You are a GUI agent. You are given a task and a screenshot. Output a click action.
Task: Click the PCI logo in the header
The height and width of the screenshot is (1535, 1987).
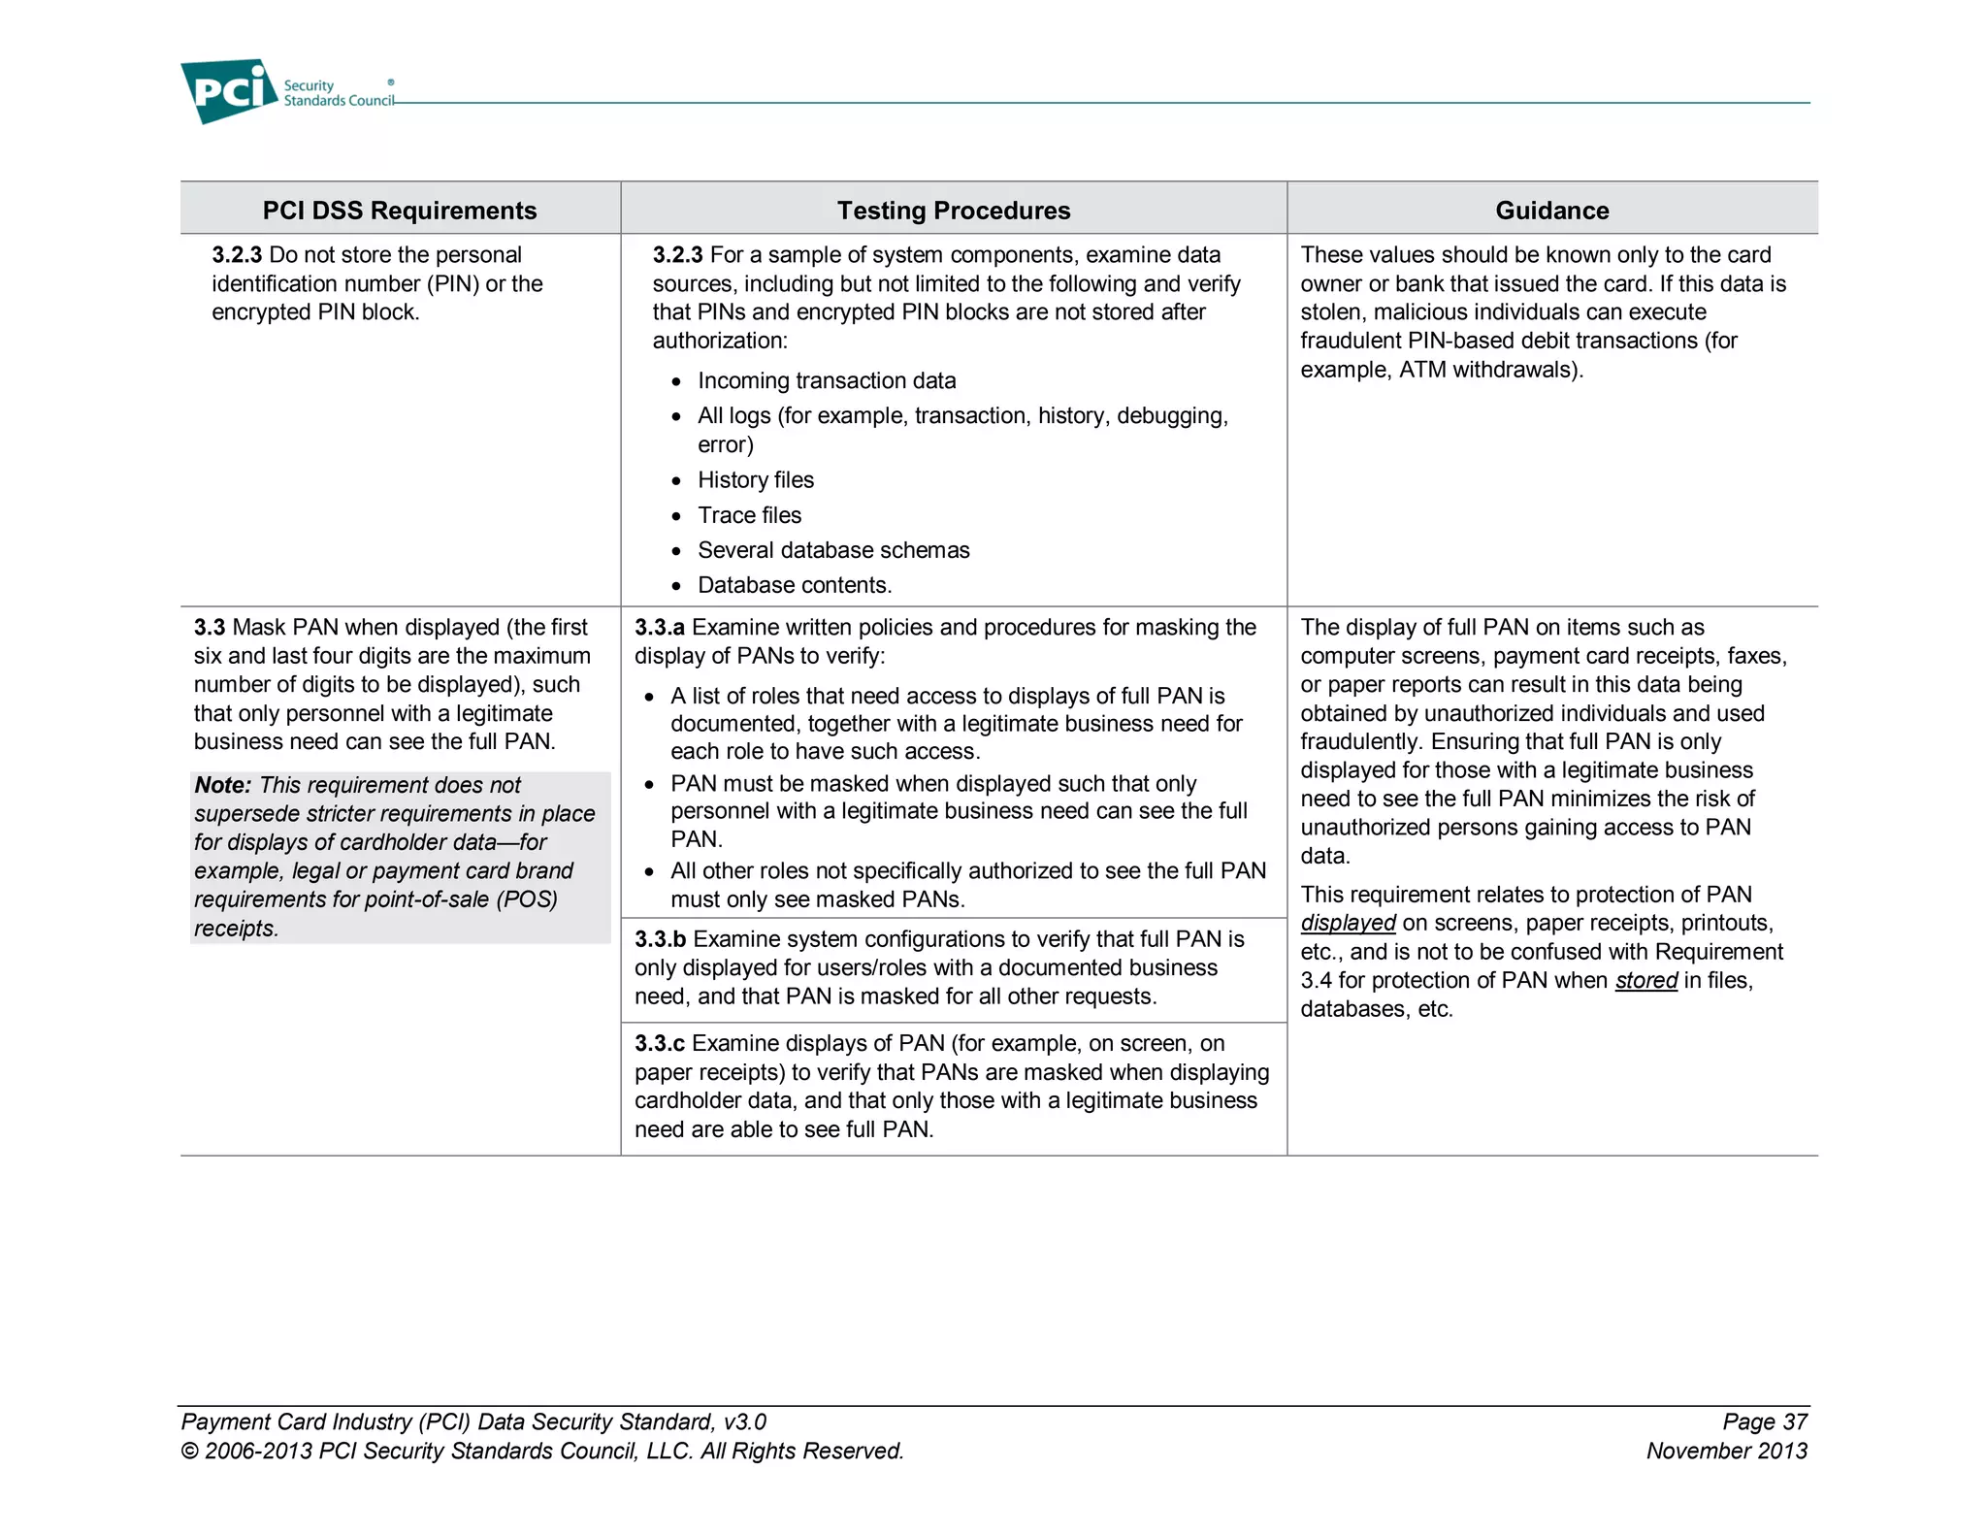[x=229, y=91]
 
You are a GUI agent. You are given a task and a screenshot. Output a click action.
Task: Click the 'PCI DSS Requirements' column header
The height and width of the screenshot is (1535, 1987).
[x=399, y=211]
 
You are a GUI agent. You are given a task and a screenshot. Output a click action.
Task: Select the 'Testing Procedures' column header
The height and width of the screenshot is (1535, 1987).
[x=953, y=211]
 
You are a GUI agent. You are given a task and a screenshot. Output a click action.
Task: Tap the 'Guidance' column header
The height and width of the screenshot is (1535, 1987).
[x=1551, y=211]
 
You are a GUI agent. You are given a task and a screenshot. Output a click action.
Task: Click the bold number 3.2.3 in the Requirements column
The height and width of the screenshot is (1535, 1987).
[x=237, y=255]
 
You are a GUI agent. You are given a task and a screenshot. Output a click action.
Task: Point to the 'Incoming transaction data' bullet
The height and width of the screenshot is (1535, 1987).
[x=826, y=381]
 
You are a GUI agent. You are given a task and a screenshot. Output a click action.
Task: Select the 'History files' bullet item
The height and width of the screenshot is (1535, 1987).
[x=755, y=480]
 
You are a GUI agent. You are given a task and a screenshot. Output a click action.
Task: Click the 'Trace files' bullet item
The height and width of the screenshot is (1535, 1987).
[x=749, y=515]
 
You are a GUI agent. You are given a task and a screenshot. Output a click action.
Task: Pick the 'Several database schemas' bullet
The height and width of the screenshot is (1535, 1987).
[x=832, y=550]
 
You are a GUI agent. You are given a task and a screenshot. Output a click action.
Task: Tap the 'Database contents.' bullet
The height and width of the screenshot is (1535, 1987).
[x=794, y=585]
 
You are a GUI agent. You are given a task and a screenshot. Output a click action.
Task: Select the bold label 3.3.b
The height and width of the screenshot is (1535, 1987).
[x=660, y=939]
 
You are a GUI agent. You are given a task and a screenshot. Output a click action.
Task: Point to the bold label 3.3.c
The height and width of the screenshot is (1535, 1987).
[x=659, y=1044]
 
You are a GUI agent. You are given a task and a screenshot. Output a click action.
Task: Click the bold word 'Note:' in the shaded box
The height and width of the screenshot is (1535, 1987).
[x=222, y=785]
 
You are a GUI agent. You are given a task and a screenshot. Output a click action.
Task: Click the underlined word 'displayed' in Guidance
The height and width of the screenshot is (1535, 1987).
[x=1348, y=924]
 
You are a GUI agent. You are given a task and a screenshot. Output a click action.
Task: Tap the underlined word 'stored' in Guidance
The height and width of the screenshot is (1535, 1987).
[x=1645, y=981]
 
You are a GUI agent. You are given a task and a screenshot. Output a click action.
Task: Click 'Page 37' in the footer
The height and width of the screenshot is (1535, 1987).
[x=1764, y=1422]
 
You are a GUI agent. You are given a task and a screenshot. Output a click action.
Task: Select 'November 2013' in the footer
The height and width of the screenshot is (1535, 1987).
[x=1726, y=1452]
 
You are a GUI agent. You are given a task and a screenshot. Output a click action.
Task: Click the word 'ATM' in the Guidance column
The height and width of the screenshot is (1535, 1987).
[x=1421, y=370]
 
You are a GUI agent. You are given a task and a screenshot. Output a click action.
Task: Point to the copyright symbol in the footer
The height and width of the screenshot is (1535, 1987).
[x=190, y=1452]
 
